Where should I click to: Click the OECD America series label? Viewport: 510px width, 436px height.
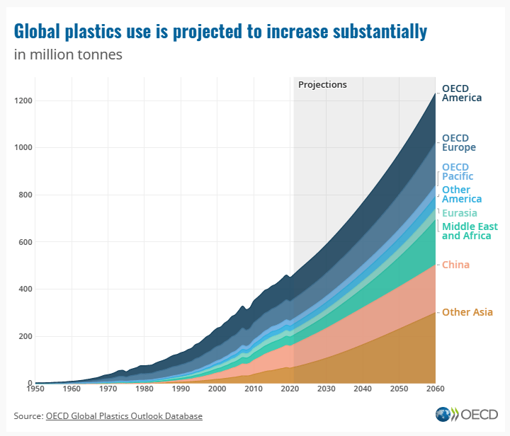coord(461,93)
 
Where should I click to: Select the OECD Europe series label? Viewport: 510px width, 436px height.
coord(458,143)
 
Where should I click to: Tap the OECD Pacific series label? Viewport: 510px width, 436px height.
coord(457,172)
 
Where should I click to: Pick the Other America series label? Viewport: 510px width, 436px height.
coord(461,195)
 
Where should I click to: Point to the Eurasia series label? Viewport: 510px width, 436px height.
coord(459,213)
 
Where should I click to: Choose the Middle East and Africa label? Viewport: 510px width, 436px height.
coord(470,231)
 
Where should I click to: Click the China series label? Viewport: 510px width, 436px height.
coord(455,265)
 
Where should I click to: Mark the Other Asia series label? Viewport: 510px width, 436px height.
coord(467,312)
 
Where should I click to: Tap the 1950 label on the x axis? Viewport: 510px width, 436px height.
coord(35,389)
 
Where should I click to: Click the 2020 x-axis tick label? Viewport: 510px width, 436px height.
coord(289,389)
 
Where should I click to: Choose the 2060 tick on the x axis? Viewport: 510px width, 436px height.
coord(434,389)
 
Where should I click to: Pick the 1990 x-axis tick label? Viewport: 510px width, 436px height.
coord(180,389)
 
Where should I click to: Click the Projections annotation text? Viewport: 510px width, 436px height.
coord(322,85)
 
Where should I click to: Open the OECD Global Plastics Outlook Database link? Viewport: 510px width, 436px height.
coord(124,415)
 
